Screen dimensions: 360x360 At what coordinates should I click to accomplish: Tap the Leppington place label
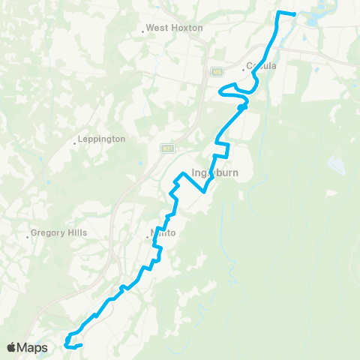[x=103, y=139]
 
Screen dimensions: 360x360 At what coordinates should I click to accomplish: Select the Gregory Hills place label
[x=60, y=232]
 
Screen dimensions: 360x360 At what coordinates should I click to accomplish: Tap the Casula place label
[x=262, y=66]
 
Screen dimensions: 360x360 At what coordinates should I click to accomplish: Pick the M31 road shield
[x=167, y=148]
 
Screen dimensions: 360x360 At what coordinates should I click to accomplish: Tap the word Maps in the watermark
[x=34, y=347]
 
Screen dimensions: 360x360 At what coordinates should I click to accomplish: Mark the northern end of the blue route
[x=294, y=14]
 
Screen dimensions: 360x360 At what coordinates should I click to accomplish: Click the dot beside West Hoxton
[x=142, y=31]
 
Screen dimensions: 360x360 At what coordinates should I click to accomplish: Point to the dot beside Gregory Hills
[x=28, y=236]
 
